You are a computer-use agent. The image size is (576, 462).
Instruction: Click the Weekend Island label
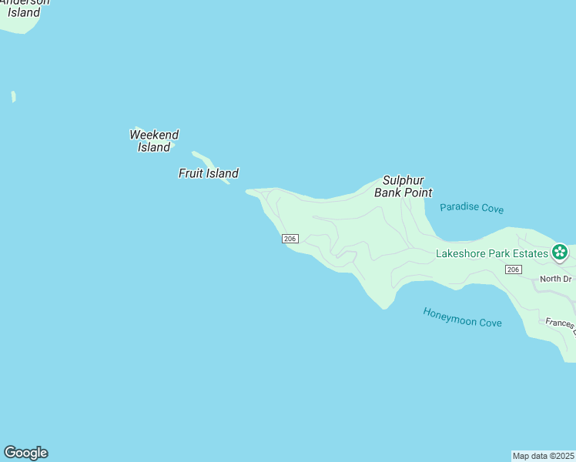[154, 141]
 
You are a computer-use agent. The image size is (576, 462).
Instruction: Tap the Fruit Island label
[208, 173]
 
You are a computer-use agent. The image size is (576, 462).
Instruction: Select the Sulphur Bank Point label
[403, 186]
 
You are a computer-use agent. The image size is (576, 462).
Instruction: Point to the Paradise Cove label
[471, 208]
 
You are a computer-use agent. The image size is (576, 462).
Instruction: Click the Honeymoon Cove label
[462, 316]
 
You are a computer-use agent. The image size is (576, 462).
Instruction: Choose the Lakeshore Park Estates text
[491, 253]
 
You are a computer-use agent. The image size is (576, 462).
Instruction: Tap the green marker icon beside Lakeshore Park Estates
[560, 252]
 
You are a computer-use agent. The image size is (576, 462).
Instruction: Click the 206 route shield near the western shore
[290, 239]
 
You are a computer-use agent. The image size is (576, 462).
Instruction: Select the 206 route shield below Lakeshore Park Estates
[514, 269]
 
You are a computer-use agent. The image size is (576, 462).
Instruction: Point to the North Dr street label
[555, 279]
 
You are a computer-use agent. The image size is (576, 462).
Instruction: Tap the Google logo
[25, 453]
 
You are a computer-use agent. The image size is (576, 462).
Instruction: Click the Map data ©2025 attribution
[543, 455]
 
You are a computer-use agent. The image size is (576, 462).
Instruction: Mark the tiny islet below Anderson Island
[13, 96]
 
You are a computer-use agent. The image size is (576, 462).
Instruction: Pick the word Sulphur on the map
[404, 180]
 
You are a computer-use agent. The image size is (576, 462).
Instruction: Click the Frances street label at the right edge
[561, 323]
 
